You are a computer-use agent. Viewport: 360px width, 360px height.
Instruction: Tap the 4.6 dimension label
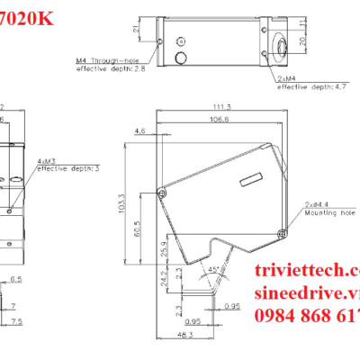click(139, 132)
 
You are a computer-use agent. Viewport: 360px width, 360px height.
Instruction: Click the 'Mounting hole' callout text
click(329, 214)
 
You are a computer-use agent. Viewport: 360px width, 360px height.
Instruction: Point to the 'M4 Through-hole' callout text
click(107, 61)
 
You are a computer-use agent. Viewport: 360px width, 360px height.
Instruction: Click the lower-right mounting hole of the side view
click(284, 232)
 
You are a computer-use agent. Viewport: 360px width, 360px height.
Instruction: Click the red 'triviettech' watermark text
click(305, 271)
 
